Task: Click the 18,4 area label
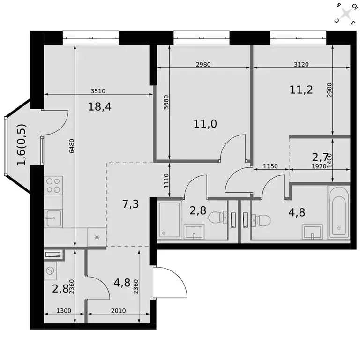[99, 106]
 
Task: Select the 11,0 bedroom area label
[204, 124]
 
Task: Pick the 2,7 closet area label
[322, 155]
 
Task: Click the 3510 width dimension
[99, 92]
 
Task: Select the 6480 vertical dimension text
[72, 146]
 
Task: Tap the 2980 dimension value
[203, 65]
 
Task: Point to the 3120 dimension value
[301, 65]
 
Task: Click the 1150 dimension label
[270, 166]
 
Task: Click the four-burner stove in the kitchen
[53, 186]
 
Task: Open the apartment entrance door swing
[170, 283]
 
